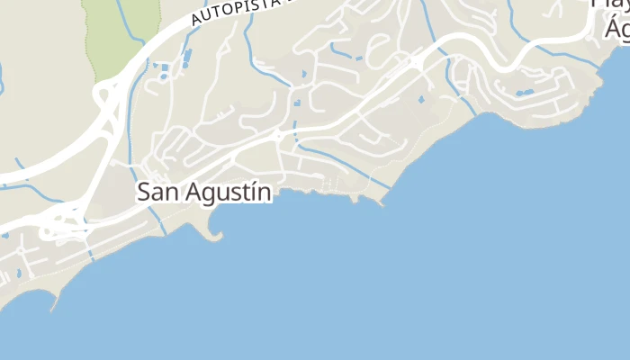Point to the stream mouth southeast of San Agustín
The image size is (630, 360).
click(x=390, y=188)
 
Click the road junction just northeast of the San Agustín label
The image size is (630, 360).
click(x=279, y=136)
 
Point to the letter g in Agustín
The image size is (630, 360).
click(x=201, y=194)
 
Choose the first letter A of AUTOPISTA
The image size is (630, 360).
click(x=195, y=21)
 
